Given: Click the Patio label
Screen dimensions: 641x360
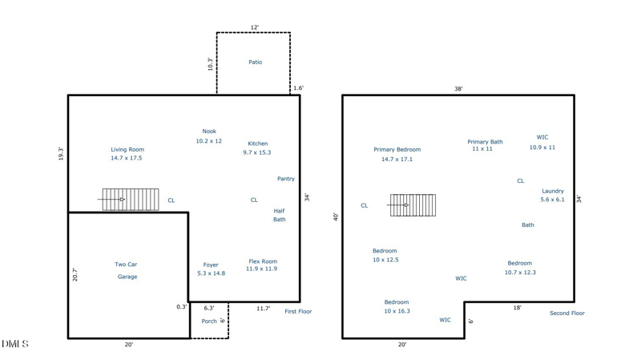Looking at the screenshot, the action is coord(256,63).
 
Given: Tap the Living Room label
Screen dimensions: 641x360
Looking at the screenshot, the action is coord(127,149).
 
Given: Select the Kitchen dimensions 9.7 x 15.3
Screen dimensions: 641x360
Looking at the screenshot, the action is coord(256,152).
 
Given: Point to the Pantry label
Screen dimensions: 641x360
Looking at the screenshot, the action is coord(286,179).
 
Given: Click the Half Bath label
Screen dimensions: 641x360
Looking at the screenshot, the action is coord(279,215).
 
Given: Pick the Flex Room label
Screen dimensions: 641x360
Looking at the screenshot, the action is coord(263,261).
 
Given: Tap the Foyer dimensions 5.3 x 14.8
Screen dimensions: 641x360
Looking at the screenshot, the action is coord(211,273).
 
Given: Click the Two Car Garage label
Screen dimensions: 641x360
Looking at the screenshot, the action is coord(127,270).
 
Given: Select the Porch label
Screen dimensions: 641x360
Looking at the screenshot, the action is coord(209,322).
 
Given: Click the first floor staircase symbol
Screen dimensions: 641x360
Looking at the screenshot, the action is coord(131,199).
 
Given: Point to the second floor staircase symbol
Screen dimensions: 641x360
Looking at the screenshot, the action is coord(413,205).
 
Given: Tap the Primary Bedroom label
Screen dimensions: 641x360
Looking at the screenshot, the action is coord(397,149).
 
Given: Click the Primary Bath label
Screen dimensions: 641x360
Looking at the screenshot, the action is coord(485,142).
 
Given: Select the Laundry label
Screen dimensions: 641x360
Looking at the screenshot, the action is coord(553,191).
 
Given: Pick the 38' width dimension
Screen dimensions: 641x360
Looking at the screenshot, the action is coord(458,89).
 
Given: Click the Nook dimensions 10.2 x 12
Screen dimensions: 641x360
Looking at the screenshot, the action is coord(208,141).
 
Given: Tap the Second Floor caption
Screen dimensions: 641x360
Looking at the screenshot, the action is coord(567,313).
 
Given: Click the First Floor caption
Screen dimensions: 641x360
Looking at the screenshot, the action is coord(298,311).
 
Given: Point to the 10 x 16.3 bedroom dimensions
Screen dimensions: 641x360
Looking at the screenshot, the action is coord(397,311).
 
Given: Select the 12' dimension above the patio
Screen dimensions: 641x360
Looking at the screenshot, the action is coord(255,27).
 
